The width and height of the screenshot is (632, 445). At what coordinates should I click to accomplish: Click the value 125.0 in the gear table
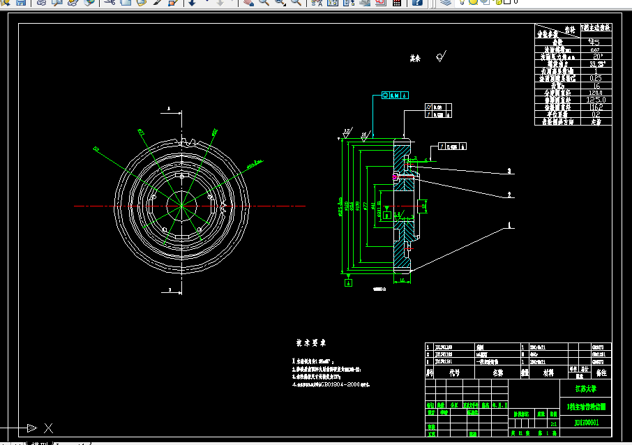pos(596,100)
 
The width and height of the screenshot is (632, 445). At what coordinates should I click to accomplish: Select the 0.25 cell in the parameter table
pos(596,78)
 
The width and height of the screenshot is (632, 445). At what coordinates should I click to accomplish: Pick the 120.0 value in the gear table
pos(596,92)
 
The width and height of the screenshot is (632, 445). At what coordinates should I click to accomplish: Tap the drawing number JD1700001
pos(586,422)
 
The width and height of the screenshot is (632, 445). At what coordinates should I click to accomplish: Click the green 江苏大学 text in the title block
pos(586,389)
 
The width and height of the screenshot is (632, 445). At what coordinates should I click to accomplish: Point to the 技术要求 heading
pos(311,343)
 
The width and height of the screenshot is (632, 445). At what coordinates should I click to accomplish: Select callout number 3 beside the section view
pos(510,170)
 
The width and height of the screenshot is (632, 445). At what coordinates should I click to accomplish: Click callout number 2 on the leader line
pos(510,195)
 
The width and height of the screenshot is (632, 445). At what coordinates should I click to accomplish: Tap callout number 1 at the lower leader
pos(510,225)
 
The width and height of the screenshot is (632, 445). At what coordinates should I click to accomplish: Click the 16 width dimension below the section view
pos(403,280)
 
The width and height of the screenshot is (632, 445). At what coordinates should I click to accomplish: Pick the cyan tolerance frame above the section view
pos(395,94)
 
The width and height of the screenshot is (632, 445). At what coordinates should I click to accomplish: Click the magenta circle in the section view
pos(395,178)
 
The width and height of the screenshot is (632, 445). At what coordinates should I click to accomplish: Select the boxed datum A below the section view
pos(348,282)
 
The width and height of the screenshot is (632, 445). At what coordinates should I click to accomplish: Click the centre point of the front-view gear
pos(181,205)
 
